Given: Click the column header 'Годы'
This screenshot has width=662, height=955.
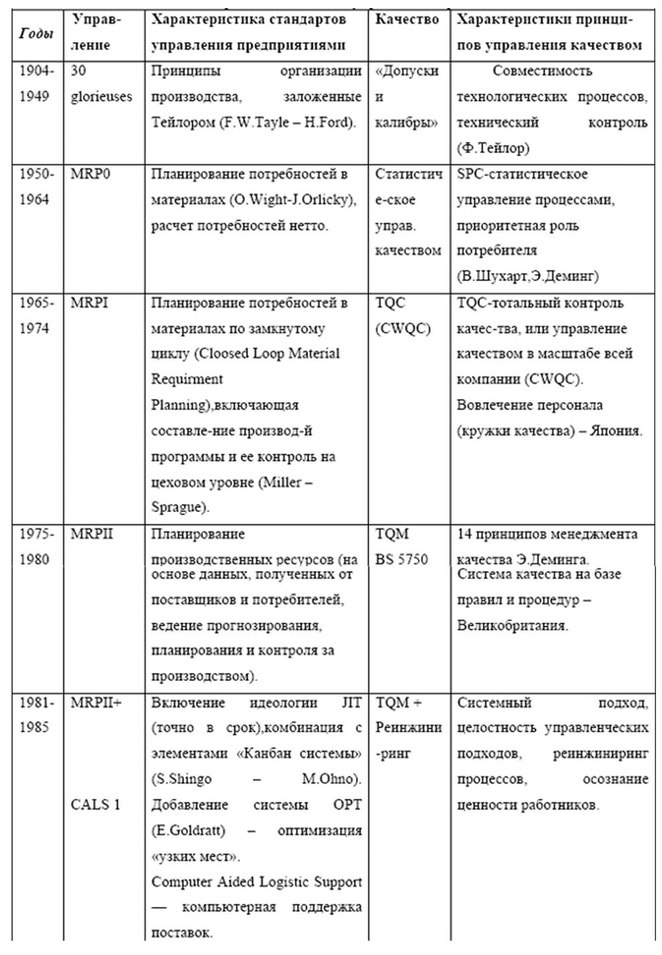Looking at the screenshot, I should coord(36,33).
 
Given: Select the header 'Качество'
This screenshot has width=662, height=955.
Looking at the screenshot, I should coord(407,19).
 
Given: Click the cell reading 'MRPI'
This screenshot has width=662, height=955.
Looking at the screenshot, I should coord(89,303).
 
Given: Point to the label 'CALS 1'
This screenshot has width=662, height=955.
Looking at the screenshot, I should coord(95,804).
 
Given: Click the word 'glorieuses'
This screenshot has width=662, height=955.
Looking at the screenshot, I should coord(101,97).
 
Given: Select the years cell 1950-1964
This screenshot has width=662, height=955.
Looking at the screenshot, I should coord(36,187).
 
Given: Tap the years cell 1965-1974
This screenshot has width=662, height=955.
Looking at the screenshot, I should coord(36,316).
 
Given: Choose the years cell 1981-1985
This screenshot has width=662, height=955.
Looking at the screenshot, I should coord(36,715).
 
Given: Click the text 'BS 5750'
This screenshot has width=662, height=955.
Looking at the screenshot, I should coord(401,559).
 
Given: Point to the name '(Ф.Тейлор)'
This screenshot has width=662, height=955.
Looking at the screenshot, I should coord(492,147).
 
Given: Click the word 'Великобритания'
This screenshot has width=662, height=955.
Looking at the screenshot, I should coord(512,626).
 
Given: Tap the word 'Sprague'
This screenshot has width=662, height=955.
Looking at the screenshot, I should coord(176,507).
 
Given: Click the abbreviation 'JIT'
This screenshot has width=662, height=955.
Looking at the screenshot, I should coord(351,702).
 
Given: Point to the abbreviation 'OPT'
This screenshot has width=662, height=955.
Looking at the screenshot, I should coord(347,804).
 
